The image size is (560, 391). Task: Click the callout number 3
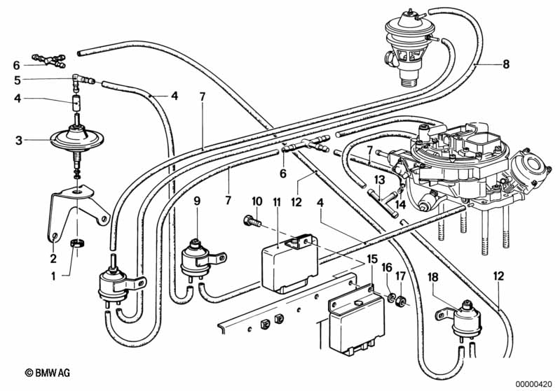(x=19, y=141)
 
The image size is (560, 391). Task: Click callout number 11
(x=277, y=202)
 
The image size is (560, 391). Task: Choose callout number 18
(x=433, y=277)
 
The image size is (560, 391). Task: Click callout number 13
(x=378, y=180)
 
